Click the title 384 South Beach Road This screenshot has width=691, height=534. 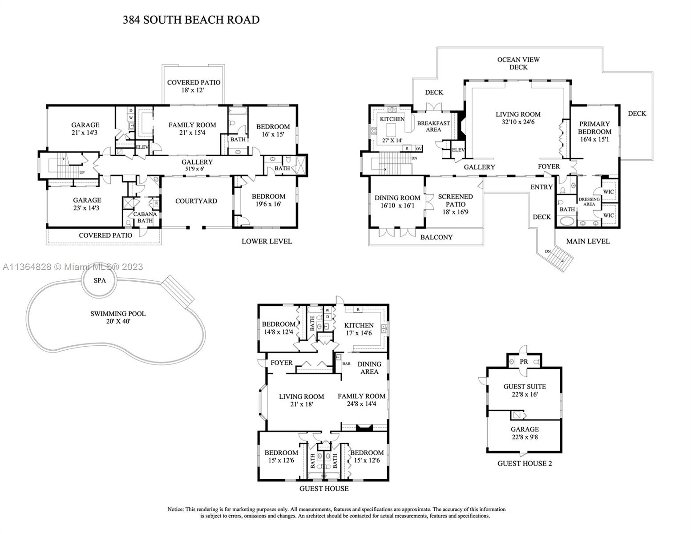(191, 20)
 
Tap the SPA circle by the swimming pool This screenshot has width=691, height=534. (100, 280)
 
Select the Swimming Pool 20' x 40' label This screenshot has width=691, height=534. (118, 317)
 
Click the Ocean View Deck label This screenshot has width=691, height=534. (518, 63)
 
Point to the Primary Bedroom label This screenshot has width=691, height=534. (594, 128)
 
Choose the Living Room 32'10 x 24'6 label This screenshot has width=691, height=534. (518, 118)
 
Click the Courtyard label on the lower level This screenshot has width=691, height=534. (196, 201)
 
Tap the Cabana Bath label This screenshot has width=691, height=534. (145, 217)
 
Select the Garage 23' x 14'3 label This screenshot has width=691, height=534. (87, 204)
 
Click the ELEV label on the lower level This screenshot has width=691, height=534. (142, 147)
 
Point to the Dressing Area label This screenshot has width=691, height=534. (589, 202)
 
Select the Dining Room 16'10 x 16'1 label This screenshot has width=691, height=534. (397, 202)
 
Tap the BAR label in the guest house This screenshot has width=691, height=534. (346, 364)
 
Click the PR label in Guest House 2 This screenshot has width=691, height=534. (524, 362)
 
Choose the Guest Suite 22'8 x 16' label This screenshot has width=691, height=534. (525, 390)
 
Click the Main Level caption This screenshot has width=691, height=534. (588, 241)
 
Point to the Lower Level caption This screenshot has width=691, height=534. (267, 241)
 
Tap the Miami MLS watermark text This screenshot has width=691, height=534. (73, 267)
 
